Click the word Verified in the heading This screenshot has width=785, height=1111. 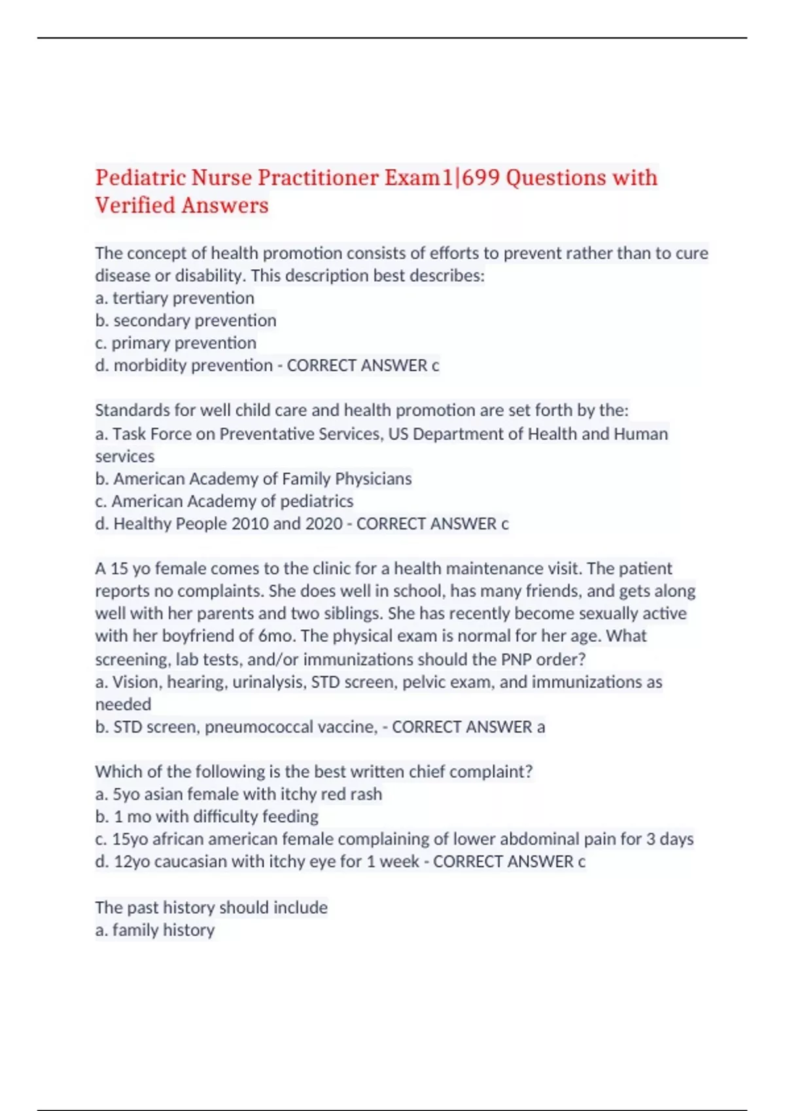click(135, 206)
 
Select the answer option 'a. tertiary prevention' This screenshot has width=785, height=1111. click(175, 298)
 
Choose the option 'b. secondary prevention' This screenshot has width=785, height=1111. click(186, 320)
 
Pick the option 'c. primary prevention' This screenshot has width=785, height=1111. click(175, 343)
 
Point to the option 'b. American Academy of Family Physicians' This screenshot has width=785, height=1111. click(253, 479)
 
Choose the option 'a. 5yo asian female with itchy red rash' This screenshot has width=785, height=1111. click(239, 794)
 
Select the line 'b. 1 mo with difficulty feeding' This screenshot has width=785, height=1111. click(207, 817)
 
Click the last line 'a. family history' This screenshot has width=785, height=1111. click(155, 930)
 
